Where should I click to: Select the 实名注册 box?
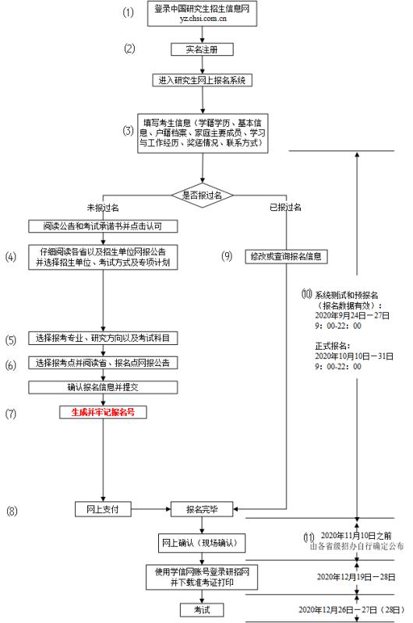(203, 49)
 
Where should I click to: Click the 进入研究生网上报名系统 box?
(203, 80)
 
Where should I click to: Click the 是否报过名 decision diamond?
(203, 195)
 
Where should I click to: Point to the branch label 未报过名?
(102, 208)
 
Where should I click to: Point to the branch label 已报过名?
(285, 208)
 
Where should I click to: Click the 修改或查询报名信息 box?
(285, 255)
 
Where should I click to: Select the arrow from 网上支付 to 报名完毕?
(150, 510)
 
